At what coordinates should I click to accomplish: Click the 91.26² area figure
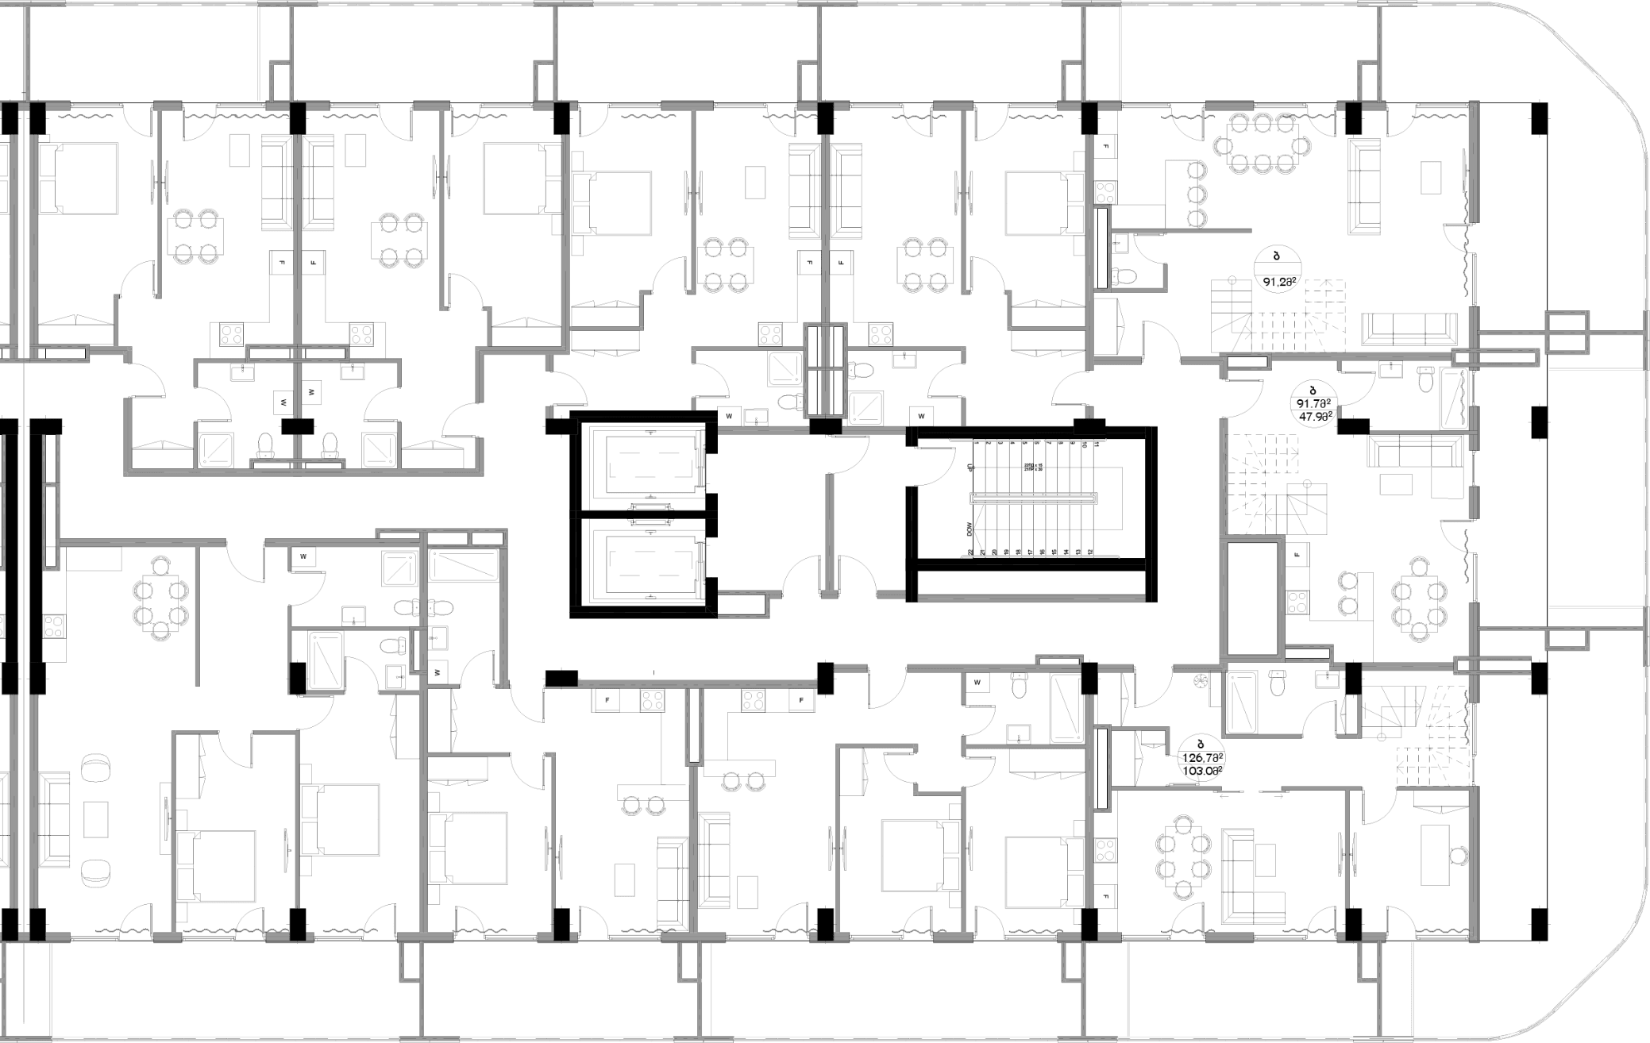pyautogui.click(x=1279, y=280)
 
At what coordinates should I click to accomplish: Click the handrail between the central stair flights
pyautogui.click(x=1034, y=498)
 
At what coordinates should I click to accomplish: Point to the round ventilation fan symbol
pyautogui.click(x=1201, y=680)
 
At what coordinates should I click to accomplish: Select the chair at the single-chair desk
pyautogui.click(x=1458, y=855)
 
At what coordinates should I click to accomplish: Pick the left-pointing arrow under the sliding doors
pyautogui.click(x=1226, y=795)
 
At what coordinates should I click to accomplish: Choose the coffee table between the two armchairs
pyautogui.click(x=97, y=816)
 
